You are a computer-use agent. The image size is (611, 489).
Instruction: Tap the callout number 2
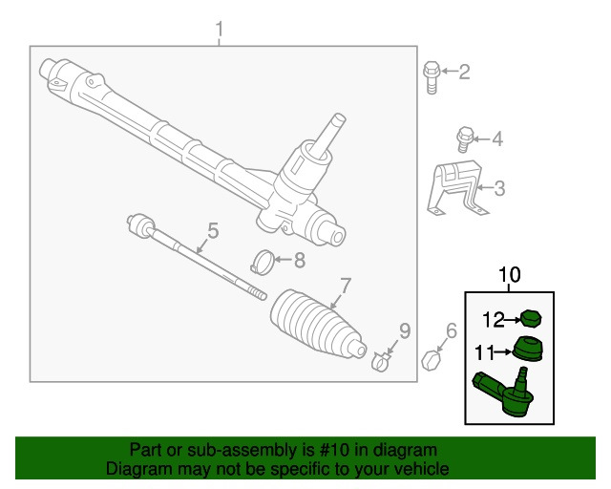[465, 72]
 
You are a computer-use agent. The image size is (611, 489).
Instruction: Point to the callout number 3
[499, 188]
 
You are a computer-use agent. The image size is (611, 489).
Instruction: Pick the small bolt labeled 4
[465, 139]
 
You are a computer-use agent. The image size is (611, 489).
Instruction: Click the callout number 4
[496, 139]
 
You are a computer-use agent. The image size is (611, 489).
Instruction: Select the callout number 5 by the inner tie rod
[213, 230]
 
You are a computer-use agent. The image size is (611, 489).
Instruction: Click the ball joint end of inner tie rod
[142, 225]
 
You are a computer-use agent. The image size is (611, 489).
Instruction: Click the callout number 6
[452, 331]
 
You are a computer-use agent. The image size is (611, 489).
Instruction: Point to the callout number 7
[347, 285]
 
